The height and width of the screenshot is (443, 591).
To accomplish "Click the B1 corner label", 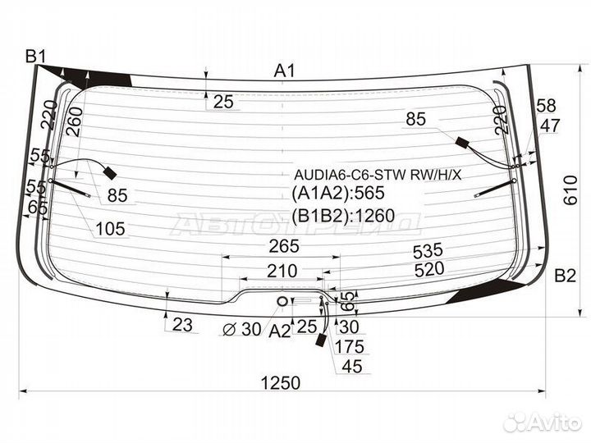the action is point(35,57).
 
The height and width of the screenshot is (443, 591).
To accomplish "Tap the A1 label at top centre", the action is point(285,71).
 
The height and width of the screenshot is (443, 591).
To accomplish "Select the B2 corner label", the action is point(565,276).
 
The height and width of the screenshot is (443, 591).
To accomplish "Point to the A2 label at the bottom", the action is point(280,331).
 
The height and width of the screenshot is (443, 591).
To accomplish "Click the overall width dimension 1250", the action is point(281,383).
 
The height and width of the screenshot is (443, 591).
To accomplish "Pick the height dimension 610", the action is point(570,190).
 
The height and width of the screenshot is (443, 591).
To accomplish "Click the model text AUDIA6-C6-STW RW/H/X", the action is point(378,175).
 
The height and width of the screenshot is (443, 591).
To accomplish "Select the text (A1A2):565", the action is point(337,194).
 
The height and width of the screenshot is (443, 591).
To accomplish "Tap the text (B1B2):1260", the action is point(343,216).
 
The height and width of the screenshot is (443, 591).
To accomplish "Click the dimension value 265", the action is point(284,246).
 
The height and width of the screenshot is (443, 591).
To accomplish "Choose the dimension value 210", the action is point(282,271).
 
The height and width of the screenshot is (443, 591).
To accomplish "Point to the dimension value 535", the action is point(428,251).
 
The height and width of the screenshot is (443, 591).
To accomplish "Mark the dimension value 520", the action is point(429,269).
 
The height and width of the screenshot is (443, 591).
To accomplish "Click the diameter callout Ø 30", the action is point(241,329).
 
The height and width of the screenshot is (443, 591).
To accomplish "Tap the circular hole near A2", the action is point(282,301).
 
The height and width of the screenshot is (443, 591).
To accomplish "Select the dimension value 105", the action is point(110,229).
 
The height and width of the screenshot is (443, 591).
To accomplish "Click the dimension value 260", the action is point(74,121).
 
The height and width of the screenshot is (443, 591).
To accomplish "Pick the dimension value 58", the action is point(546,106).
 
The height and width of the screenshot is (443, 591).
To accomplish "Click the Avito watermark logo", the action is point(543,422).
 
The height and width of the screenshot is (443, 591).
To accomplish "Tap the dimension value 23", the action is point(182,324).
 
